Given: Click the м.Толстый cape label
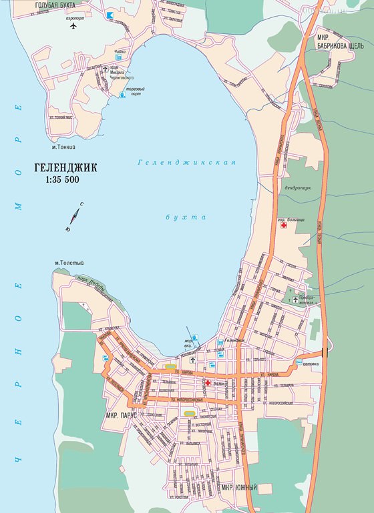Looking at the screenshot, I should click(68, 263).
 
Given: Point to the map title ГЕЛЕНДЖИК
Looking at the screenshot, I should click(64, 167).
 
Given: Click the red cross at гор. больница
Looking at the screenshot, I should click(284, 227).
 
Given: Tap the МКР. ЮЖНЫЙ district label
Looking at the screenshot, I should click(239, 488).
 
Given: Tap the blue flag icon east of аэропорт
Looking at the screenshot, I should click(109, 14).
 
